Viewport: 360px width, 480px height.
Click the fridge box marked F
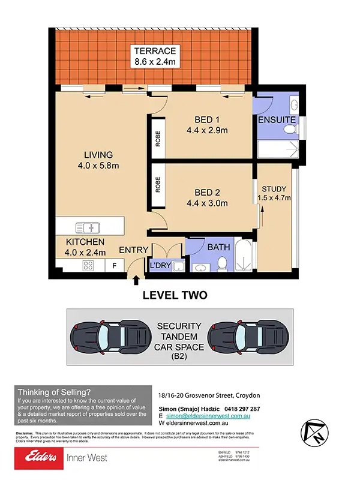point(113,265)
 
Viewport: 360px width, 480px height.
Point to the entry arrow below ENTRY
point(136,279)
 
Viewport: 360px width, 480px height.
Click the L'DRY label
point(160,265)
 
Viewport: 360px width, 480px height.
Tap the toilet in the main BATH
point(221,263)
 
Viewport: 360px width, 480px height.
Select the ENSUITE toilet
point(292,106)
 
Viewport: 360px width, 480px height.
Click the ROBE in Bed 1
point(158,139)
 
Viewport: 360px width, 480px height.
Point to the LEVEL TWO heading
point(175,295)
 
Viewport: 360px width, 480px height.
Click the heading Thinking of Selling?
point(55,391)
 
